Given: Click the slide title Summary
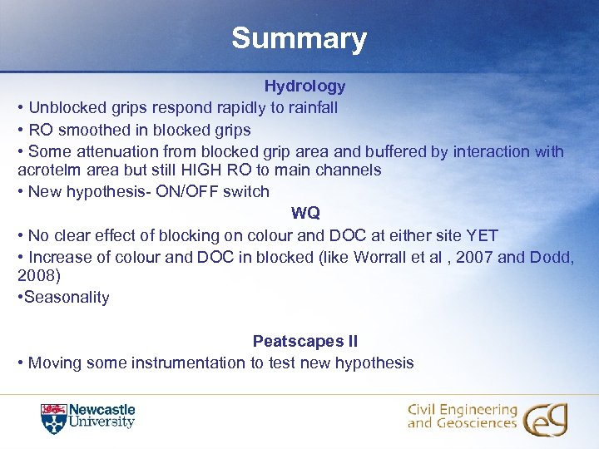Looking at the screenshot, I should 299,38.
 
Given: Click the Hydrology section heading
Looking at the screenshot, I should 304,86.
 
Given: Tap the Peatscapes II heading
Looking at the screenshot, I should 305,341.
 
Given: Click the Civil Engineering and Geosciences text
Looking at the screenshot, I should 462,417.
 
